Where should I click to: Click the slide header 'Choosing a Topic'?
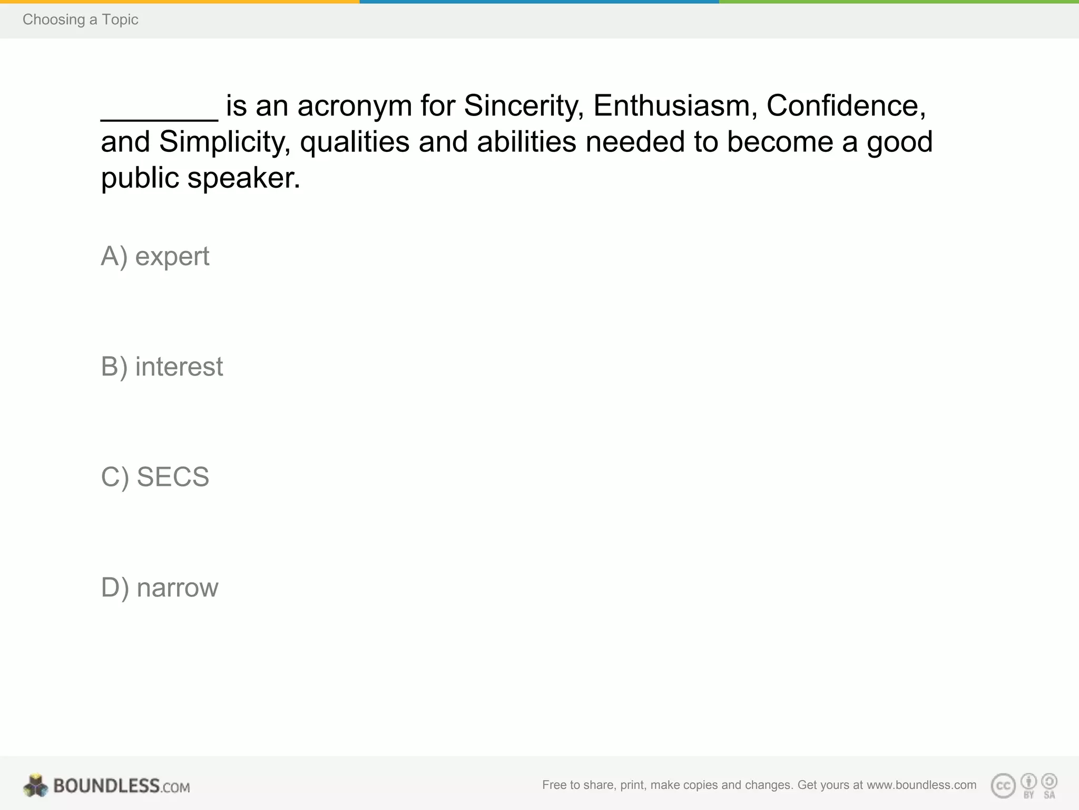click(80, 20)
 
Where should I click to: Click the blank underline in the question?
click(159, 117)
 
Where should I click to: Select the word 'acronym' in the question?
click(354, 106)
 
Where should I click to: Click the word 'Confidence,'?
click(846, 106)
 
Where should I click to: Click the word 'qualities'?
click(355, 142)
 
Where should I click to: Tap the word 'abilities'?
click(526, 142)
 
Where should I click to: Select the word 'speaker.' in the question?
click(243, 178)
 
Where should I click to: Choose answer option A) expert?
click(155, 257)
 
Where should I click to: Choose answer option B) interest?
click(162, 367)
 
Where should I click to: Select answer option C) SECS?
click(155, 477)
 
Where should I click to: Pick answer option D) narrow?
click(159, 587)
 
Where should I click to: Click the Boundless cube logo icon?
click(36, 786)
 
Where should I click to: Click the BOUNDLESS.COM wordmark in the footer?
click(121, 786)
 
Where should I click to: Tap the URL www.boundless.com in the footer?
click(921, 785)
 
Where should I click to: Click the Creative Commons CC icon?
click(1003, 786)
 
